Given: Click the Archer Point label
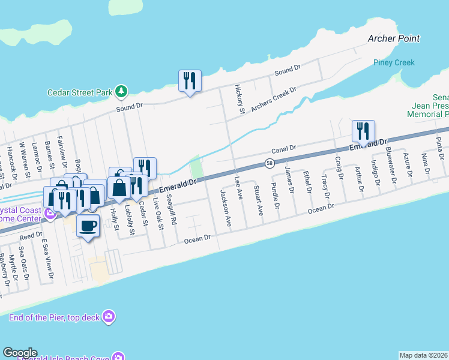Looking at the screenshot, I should click(393, 38).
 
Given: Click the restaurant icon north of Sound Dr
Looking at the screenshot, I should click(190, 80).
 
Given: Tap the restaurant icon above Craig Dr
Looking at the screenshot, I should click(363, 130).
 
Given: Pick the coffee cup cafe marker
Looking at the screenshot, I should click(88, 226).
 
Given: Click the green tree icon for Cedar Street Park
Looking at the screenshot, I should click(122, 92).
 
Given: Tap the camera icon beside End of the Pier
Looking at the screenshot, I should click(109, 316).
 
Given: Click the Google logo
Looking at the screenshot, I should click(20, 353).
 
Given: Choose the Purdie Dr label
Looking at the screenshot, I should click(275, 198).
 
